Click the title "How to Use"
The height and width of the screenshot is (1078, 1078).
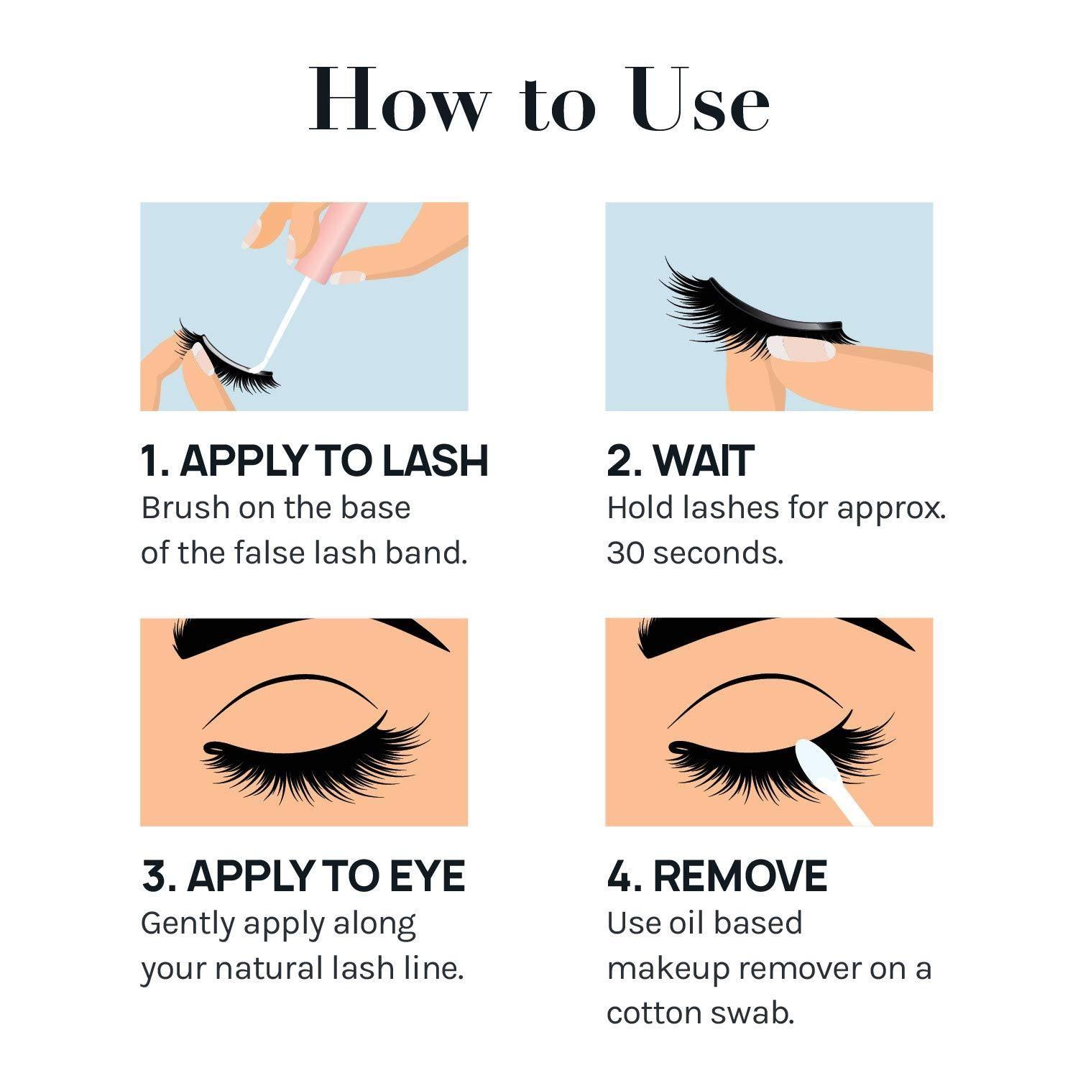(539, 101)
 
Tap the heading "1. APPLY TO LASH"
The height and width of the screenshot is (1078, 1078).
(314, 461)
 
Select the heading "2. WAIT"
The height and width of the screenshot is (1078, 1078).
(680, 461)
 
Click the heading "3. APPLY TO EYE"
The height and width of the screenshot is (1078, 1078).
(303, 876)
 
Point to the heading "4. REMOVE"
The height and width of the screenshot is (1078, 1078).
(717, 876)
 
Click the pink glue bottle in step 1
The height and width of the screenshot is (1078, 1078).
(338, 241)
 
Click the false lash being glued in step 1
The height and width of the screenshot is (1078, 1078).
(230, 363)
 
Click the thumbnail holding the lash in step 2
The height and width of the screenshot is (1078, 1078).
(801, 349)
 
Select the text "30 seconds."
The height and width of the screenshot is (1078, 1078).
(694, 553)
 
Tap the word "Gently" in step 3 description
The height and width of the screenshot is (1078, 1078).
(187, 923)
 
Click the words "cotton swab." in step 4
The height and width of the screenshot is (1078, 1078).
(700, 1013)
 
